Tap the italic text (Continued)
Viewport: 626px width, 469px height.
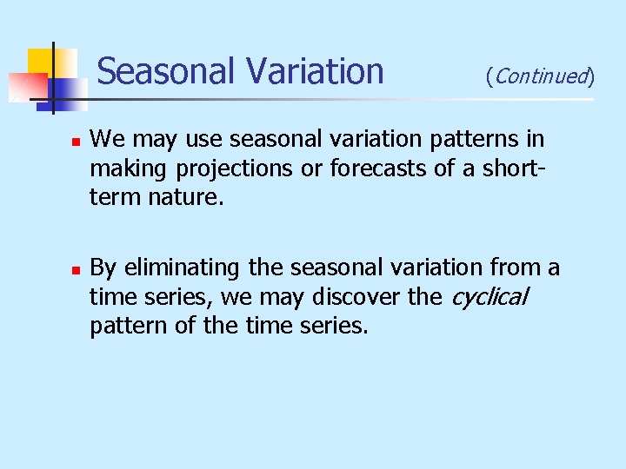point(540,76)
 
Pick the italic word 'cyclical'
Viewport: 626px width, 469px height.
point(489,298)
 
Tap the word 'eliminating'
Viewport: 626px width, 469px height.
point(186,268)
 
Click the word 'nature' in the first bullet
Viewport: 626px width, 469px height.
point(189,198)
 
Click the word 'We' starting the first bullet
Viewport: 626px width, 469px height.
point(107,139)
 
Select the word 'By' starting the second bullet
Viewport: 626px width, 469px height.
point(104,268)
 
